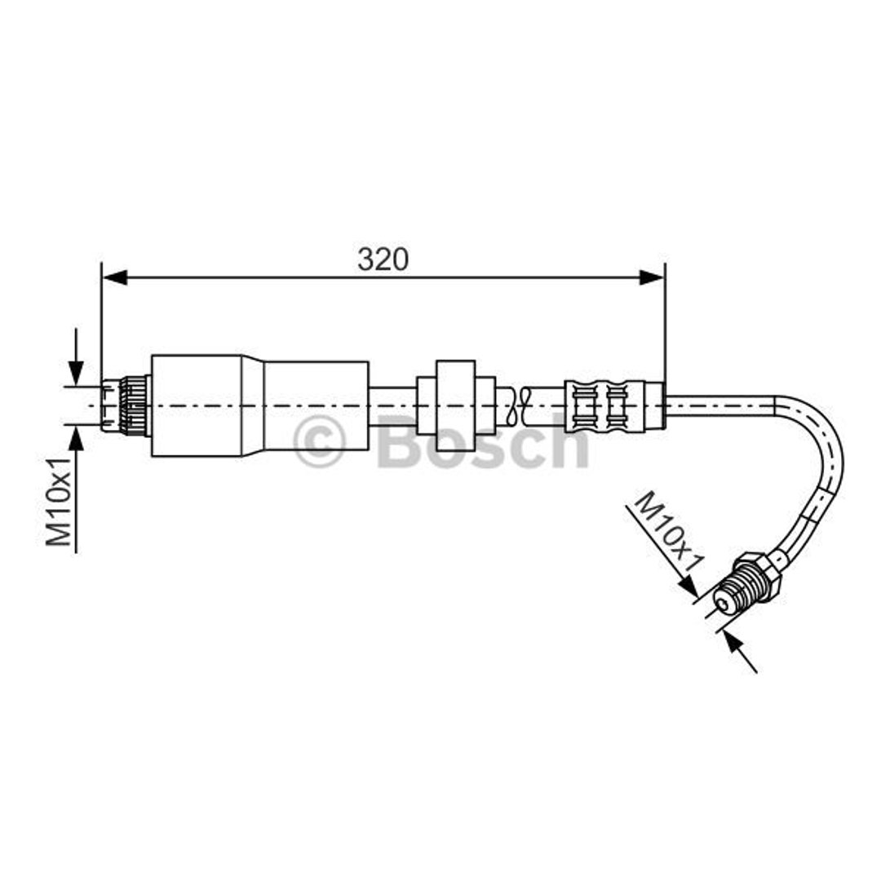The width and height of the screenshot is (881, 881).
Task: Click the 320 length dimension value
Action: click(x=383, y=259)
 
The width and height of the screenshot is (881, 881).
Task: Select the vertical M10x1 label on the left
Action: click(x=59, y=501)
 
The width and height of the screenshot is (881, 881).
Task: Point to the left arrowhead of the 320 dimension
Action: click(x=115, y=277)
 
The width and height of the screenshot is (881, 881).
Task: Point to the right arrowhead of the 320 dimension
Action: click(x=652, y=277)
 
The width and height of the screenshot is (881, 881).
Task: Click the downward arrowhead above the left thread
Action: click(x=76, y=374)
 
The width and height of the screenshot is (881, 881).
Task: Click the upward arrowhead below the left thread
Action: click(x=76, y=438)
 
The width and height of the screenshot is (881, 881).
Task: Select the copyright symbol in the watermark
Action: click(x=319, y=441)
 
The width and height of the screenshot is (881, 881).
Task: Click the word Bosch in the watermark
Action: click(x=483, y=441)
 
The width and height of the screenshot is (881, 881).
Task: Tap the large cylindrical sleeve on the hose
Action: click(x=260, y=405)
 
